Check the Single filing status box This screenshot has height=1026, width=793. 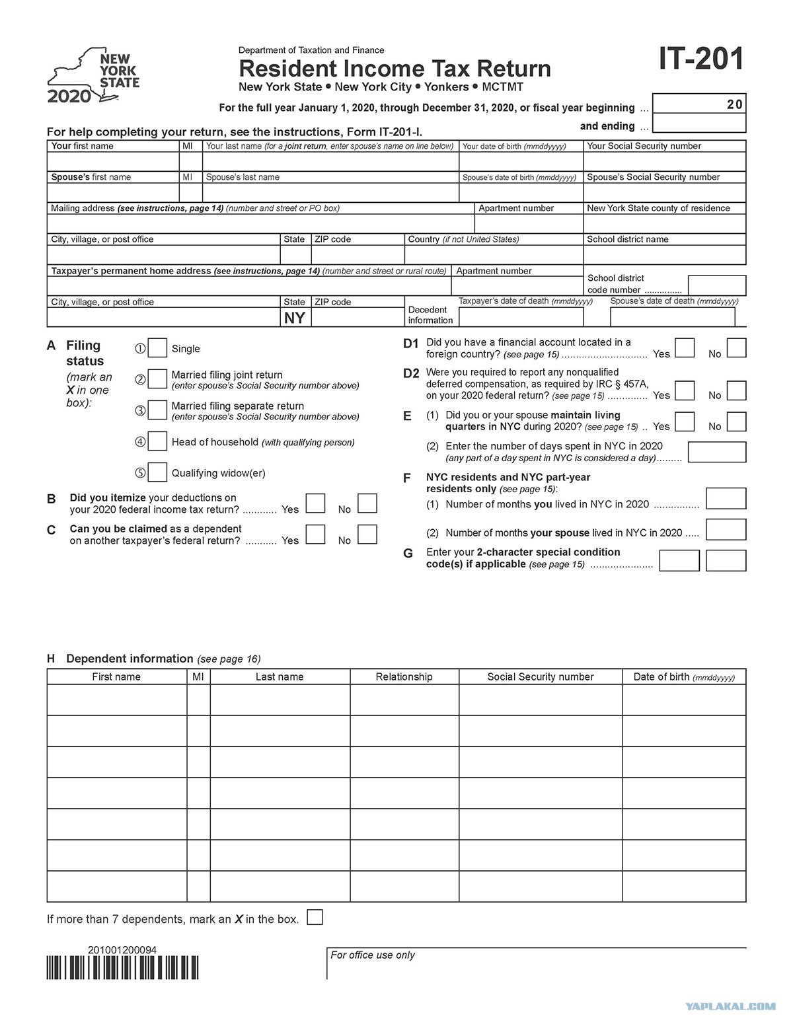[x=157, y=348]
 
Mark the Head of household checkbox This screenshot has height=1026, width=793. [x=157, y=441]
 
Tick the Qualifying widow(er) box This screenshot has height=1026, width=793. [x=157, y=472]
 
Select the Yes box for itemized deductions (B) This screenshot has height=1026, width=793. [x=315, y=503]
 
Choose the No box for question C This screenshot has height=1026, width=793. [x=367, y=534]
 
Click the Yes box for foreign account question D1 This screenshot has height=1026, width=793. [x=685, y=348]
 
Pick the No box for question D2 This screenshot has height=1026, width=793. [x=736, y=390]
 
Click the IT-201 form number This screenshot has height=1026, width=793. [x=701, y=59]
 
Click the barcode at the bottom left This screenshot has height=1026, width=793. [x=122, y=968]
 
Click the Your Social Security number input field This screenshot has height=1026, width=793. [x=664, y=162]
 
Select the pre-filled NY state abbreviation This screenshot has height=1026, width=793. [x=295, y=318]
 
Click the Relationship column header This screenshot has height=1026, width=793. [x=404, y=677]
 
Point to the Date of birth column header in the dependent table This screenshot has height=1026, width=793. [x=683, y=677]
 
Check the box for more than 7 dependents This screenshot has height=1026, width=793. [x=315, y=918]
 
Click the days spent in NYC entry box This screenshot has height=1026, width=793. [x=716, y=452]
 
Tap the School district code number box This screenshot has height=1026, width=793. [x=716, y=285]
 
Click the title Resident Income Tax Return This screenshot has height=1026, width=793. [x=395, y=69]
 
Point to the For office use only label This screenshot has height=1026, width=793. [x=373, y=955]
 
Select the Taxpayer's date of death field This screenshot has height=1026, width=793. [x=521, y=317]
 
